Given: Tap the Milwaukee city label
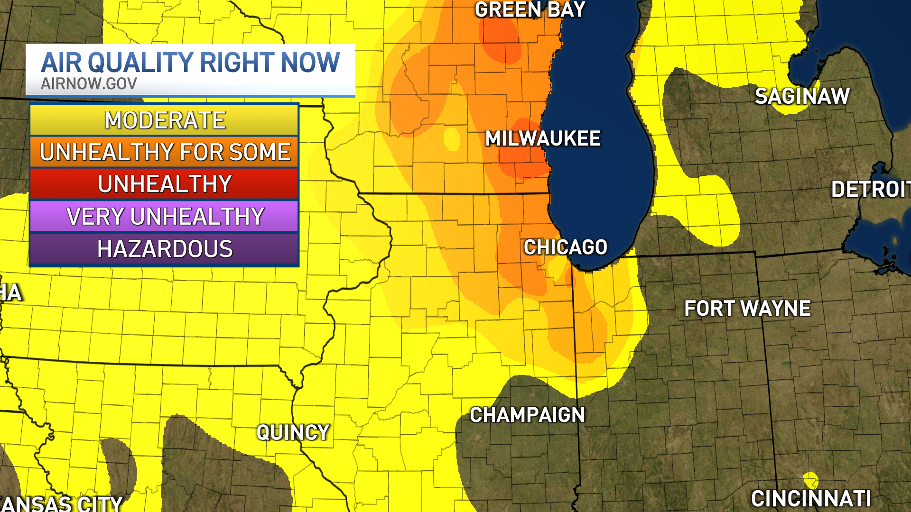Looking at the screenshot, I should click(x=543, y=138).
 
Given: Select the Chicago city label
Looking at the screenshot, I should click(x=565, y=247).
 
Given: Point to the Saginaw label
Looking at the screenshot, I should click(x=802, y=96).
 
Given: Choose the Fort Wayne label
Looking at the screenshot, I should click(x=747, y=309).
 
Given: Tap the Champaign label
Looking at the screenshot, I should click(x=527, y=415).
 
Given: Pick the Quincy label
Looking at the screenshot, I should click(x=293, y=432).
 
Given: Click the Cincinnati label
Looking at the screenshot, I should click(x=811, y=499).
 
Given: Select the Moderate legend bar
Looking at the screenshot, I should click(x=164, y=120).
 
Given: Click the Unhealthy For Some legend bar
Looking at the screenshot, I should click(x=164, y=152).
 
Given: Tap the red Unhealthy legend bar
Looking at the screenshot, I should click(x=164, y=184).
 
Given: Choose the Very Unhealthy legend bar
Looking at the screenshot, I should click(x=164, y=216).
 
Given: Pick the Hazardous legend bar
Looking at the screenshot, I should click(x=164, y=249).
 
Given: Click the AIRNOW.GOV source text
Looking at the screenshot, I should click(x=89, y=83).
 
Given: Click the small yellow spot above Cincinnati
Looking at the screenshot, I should click(x=810, y=479).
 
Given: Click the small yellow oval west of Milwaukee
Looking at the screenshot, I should click(x=452, y=138).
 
